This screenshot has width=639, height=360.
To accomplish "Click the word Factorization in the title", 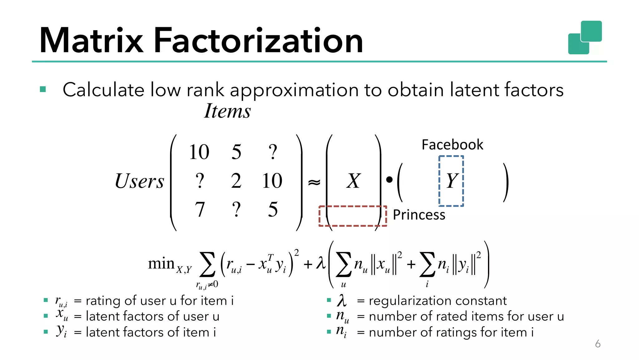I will (258, 41).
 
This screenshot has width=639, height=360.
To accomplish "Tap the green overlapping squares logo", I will (585, 37).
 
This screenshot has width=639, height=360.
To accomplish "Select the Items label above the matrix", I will (227, 111).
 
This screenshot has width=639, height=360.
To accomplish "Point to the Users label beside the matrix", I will (139, 181).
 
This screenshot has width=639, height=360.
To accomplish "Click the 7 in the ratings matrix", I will (200, 210).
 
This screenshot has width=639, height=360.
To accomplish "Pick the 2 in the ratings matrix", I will (236, 181).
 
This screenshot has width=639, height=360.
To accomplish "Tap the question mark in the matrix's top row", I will (273, 152).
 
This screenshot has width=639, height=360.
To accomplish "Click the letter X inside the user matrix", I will (353, 181).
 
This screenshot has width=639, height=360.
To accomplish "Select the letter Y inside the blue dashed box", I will (451, 181).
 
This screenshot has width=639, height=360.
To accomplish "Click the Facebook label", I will (452, 145).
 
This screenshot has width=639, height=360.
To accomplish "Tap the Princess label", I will (419, 215).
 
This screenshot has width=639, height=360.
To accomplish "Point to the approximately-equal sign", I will (314, 182).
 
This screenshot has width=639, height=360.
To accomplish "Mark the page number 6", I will (598, 344).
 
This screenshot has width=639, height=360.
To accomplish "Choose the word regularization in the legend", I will (410, 301).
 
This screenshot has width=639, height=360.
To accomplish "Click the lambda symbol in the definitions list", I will (342, 300).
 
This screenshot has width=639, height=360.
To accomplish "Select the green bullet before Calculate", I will (43, 90).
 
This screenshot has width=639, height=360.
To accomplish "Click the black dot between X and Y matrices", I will (389, 180).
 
